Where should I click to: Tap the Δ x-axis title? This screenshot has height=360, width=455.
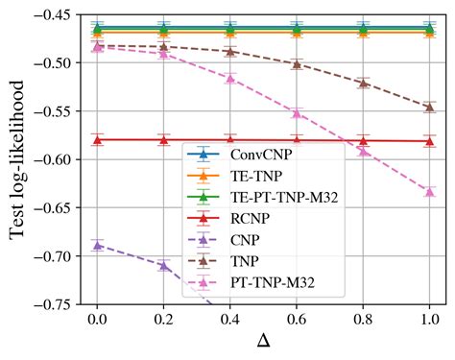coord(263,342)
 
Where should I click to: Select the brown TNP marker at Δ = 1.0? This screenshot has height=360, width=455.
coord(429,107)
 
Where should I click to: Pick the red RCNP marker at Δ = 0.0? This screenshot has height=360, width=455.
coord(97,139)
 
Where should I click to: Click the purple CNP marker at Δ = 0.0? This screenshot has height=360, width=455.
coord(97,245)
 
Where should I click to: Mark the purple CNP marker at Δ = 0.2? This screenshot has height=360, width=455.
coord(163,265)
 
